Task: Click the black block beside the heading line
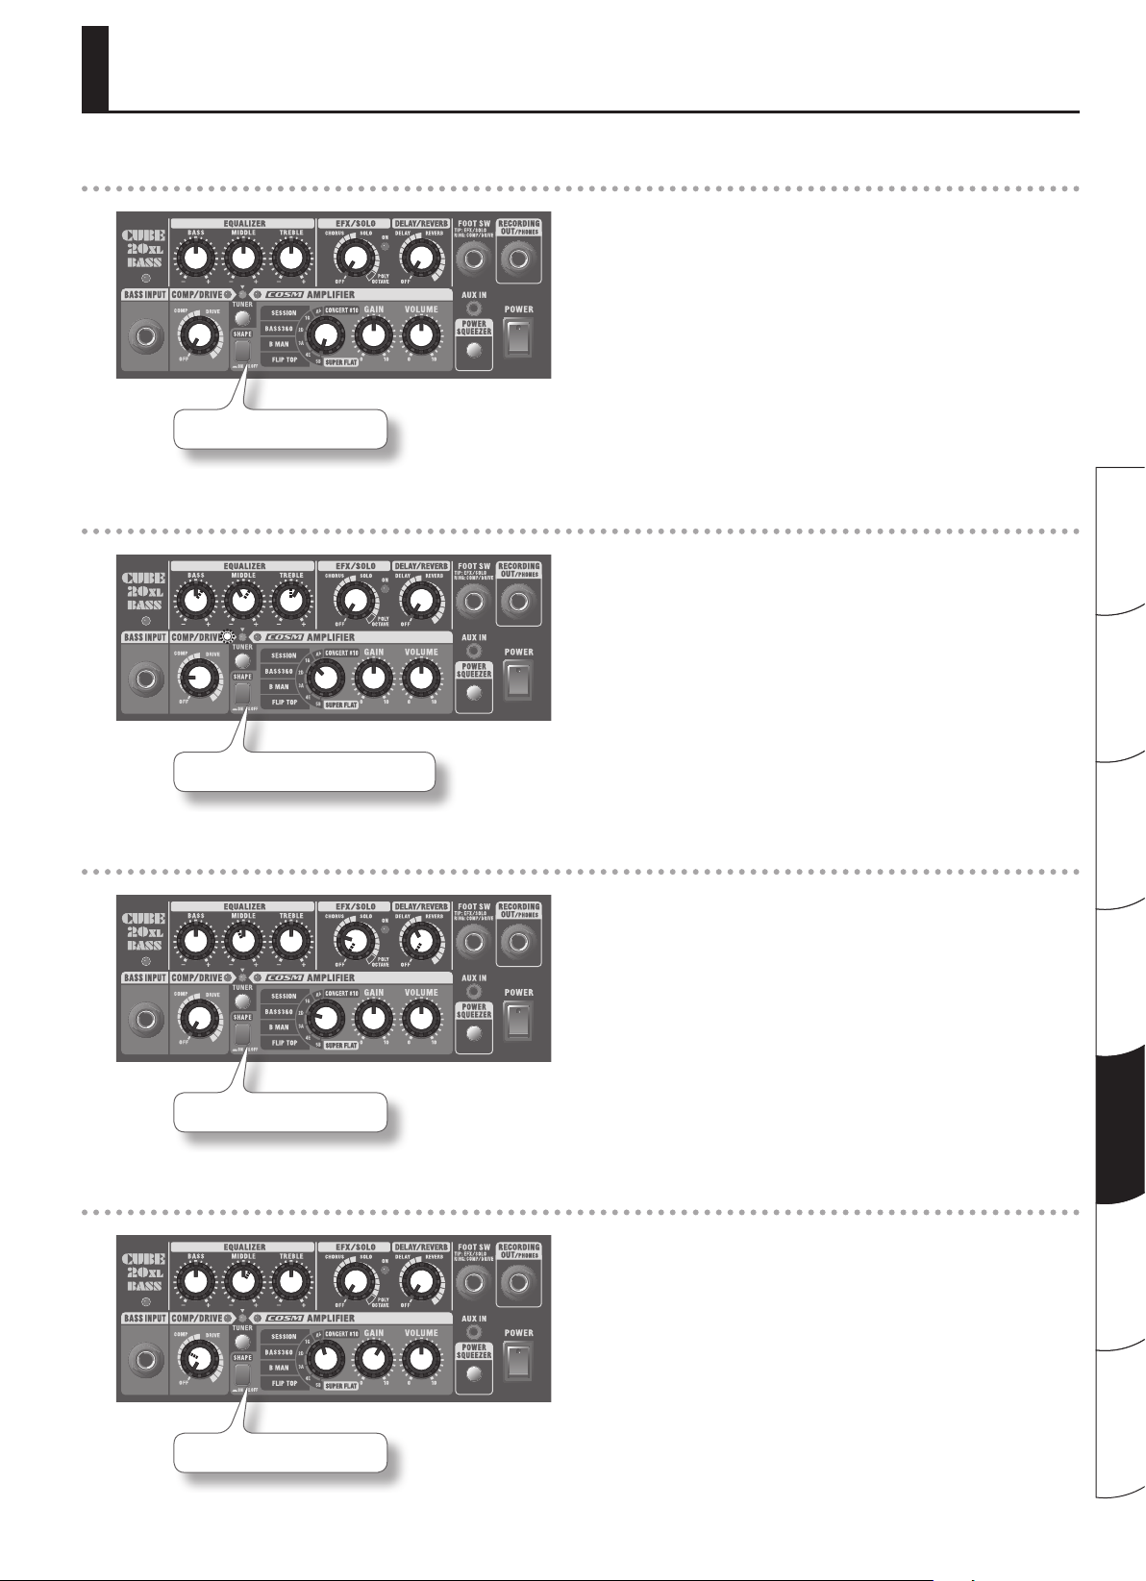(94, 68)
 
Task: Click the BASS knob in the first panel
(196, 258)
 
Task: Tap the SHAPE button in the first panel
(242, 350)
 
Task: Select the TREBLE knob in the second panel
(290, 601)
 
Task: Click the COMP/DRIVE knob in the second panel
(197, 678)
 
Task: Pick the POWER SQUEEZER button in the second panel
(473, 692)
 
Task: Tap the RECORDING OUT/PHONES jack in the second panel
(518, 601)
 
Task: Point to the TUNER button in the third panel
(242, 1001)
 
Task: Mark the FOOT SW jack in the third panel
(473, 941)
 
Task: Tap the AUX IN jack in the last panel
(473, 1332)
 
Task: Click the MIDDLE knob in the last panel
(243, 1281)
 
